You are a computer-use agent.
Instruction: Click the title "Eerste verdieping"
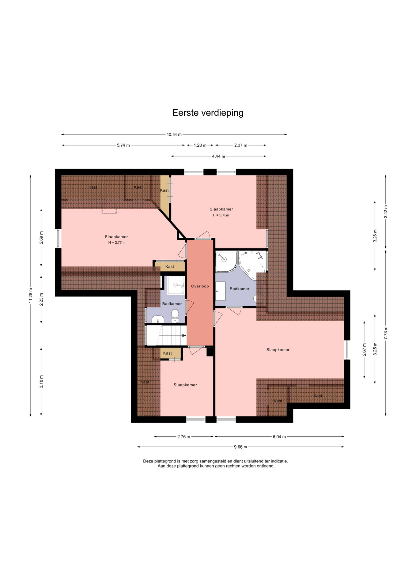point(208,113)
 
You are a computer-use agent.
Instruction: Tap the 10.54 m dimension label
point(174,134)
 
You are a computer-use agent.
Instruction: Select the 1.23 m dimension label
point(200,145)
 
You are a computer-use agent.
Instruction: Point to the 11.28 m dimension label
point(30,296)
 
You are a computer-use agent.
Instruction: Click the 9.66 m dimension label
point(240,447)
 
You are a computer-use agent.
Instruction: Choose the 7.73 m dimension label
point(386,333)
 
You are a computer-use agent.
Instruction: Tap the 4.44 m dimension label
point(218,156)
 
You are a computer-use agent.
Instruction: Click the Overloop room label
point(200,286)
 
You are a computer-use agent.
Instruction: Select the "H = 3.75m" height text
point(221,215)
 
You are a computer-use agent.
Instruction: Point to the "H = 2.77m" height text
point(116,243)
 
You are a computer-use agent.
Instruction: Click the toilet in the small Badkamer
point(175,316)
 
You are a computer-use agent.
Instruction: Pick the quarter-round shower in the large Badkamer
point(226,261)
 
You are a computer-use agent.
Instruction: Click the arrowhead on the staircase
point(184,336)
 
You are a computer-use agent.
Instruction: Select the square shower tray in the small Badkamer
point(176,285)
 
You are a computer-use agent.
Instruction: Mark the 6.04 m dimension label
point(279,437)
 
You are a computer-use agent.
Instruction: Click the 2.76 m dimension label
point(183,437)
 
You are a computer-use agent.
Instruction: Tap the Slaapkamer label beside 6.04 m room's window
point(278,350)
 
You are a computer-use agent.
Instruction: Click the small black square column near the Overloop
point(210,352)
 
